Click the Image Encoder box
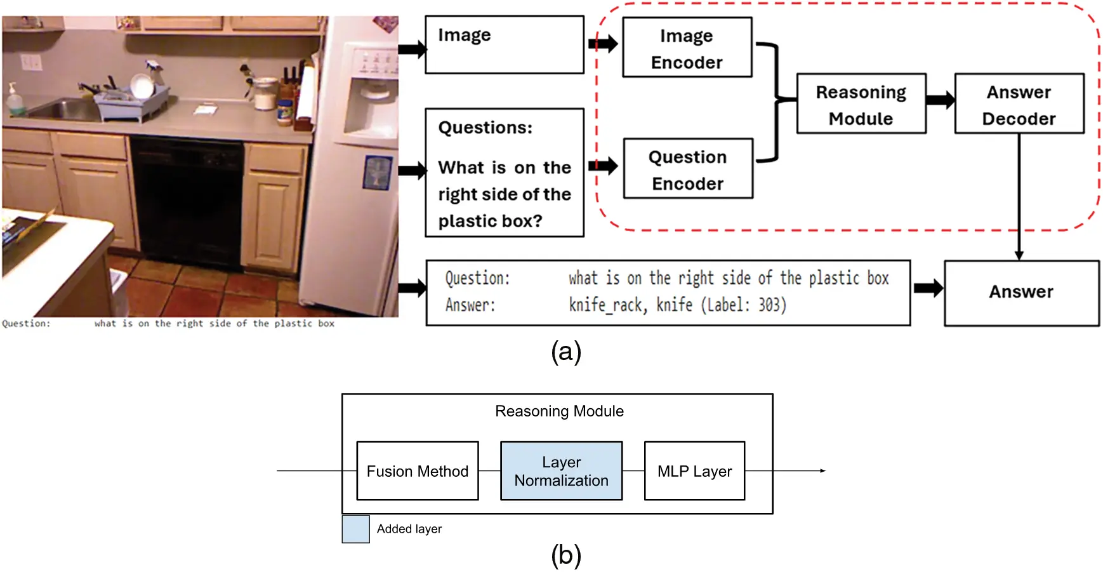pos(687,48)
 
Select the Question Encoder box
pos(688,170)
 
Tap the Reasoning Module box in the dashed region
pos(861,104)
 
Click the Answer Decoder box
pos(1019,104)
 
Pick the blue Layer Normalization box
pos(561,471)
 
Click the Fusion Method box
pos(417,471)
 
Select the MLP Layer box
pos(694,471)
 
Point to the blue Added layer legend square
pos(355,529)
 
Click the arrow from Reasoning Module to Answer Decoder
pos(940,100)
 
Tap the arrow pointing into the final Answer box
pos(928,288)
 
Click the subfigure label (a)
pos(565,351)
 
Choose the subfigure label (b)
pos(565,555)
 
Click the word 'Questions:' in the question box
pos(485,128)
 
